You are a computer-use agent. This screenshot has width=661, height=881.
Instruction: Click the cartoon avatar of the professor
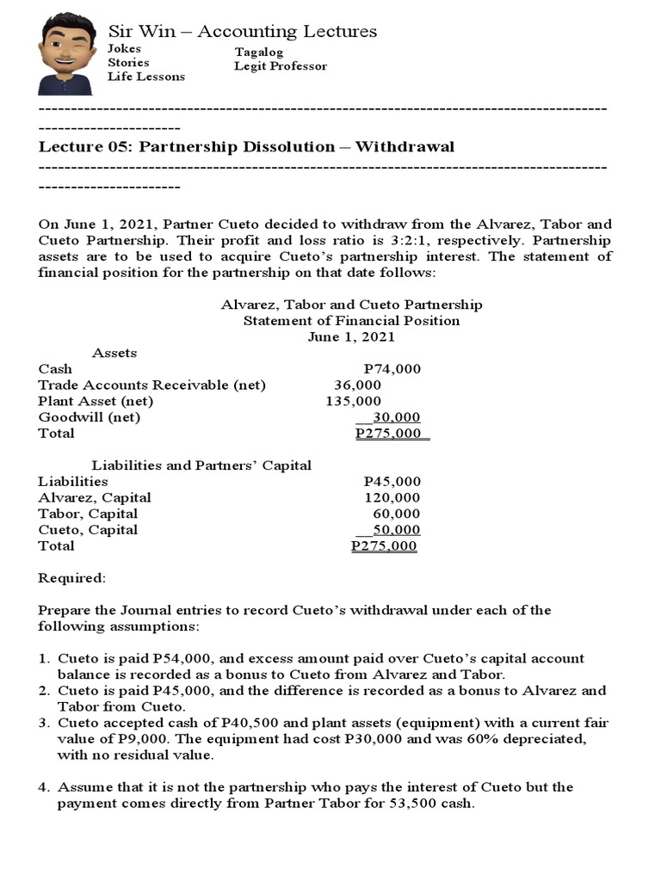coord(66,53)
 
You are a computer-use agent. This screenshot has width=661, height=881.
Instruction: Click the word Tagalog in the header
coord(258,52)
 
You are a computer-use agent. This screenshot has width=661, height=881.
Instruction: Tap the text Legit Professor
coord(280,66)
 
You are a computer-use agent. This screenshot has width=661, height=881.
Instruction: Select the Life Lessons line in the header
coord(145,77)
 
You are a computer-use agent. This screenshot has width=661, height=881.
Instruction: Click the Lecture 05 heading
coord(246,146)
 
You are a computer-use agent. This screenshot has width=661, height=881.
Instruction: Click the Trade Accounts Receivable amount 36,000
coord(357,385)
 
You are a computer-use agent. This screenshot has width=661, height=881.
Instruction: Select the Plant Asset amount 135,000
coord(353,401)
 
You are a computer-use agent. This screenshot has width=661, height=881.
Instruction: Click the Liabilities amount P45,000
coord(392,482)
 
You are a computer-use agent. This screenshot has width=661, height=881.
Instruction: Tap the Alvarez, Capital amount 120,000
coord(392,497)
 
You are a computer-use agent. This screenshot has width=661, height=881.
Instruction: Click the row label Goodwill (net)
coord(89,417)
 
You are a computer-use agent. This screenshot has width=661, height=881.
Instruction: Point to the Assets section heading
coord(114,353)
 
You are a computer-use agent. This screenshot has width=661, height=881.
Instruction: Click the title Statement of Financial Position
coord(351,321)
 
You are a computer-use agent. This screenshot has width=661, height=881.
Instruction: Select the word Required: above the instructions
coord(71,578)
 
